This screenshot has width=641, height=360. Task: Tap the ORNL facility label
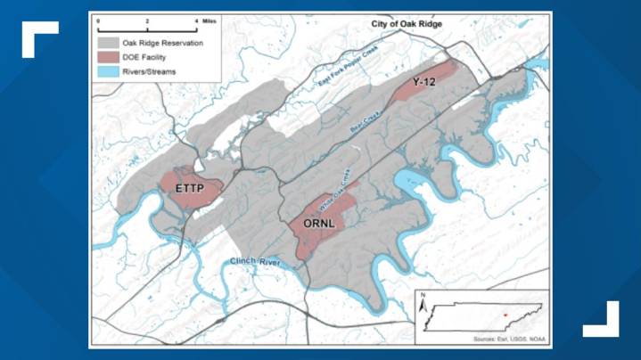[315, 223]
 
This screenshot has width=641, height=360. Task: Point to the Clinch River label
[255, 262]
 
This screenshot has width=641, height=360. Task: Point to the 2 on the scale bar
[147, 18]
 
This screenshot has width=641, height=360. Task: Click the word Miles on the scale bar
[209, 18]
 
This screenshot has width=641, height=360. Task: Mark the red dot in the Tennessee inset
[505, 314]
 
